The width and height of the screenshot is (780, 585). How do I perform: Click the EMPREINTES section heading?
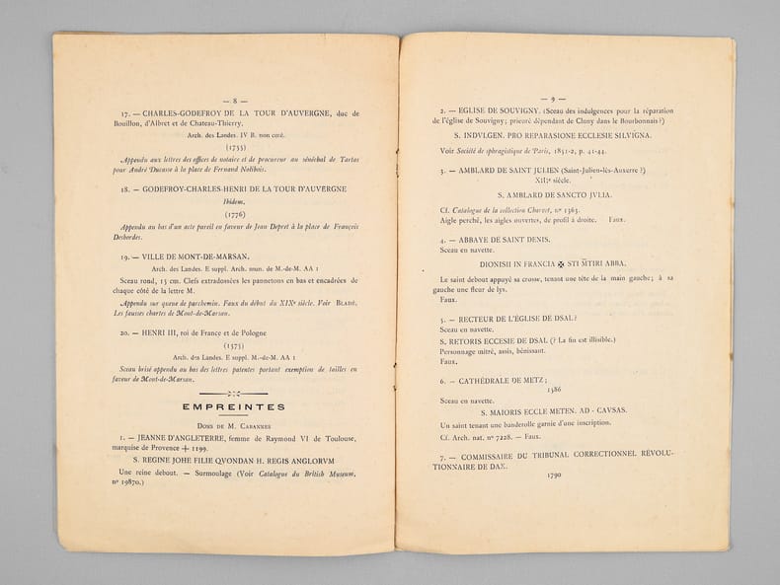[233, 405]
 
